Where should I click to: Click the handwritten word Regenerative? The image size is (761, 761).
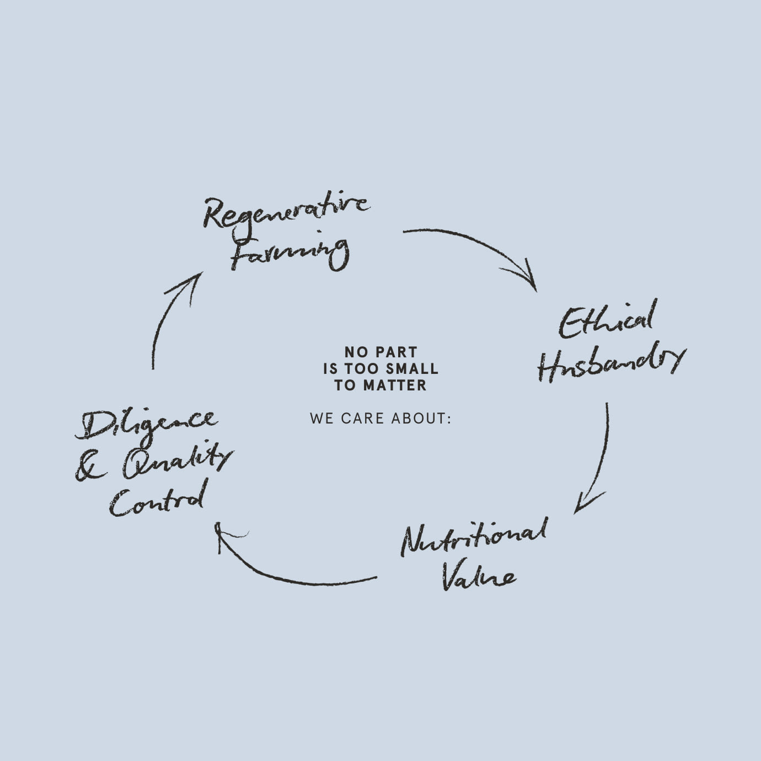click(286, 210)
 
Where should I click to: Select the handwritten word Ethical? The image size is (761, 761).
click(607, 321)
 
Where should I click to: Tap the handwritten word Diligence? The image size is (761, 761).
click(146, 425)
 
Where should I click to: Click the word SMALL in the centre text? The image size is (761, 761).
click(412, 368)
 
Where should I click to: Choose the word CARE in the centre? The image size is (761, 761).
click(362, 419)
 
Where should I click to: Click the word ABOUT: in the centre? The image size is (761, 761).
click(421, 419)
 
